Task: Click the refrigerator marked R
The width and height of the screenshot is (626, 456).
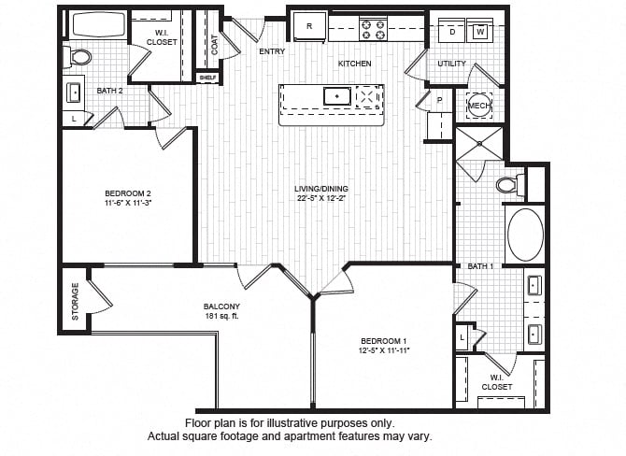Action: (309, 26)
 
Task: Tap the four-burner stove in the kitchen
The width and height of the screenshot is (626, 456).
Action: (374, 29)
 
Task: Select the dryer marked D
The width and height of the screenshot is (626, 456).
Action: (452, 30)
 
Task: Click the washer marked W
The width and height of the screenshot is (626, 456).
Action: (480, 30)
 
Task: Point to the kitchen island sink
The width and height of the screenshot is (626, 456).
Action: (337, 96)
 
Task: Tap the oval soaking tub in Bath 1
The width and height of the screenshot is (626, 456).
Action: (525, 235)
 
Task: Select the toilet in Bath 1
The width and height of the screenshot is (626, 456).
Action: (511, 184)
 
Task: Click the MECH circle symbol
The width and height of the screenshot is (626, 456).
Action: (479, 106)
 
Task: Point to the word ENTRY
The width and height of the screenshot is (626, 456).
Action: (272, 51)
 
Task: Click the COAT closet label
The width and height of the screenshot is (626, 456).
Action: (215, 45)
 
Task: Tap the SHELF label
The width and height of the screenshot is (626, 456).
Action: (207, 78)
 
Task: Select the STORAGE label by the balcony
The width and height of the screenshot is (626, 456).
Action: (75, 302)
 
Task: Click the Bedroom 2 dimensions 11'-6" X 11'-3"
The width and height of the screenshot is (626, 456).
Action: (128, 203)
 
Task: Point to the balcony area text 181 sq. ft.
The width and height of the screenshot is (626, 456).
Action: (221, 316)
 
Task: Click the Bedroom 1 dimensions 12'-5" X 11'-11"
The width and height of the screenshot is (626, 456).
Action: (384, 350)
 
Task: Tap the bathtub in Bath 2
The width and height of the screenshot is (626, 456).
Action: (98, 24)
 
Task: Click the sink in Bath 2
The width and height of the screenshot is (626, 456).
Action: (74, 93)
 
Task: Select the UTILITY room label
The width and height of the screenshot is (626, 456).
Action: (451, 64)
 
